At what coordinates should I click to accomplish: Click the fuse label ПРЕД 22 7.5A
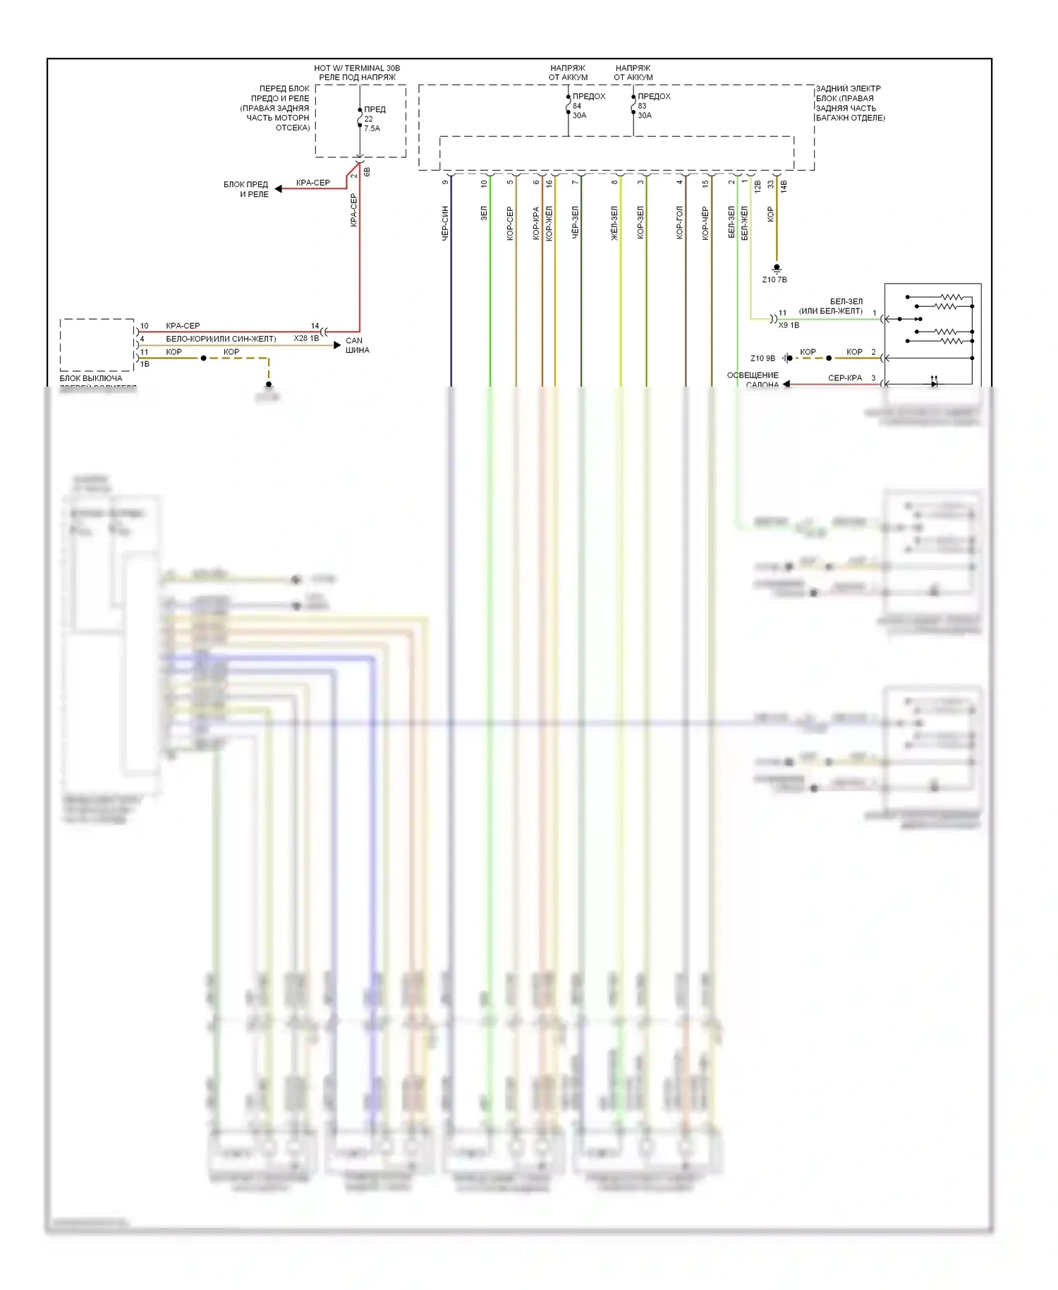click(372, 119)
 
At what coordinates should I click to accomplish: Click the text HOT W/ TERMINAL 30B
click(357, 68)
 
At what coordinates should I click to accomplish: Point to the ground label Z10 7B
click(774, 279)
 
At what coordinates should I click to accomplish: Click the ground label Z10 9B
click(762, 358)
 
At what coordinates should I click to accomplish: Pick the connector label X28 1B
click(306, 339)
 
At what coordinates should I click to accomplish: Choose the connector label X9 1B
click(789, 325)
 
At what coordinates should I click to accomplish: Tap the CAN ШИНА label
click(356, 345)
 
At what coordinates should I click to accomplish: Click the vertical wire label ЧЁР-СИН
click(445, 223)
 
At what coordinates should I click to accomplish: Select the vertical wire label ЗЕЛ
click(484, 213)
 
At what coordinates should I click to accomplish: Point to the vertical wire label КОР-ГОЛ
click(679, 223)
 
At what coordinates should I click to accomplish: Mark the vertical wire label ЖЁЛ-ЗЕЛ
click(614, 223)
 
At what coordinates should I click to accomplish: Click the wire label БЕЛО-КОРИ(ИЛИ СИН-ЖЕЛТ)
click(221, 339)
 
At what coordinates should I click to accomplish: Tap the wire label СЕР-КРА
click(844, 378)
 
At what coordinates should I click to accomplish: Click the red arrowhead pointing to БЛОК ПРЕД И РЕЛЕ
click(279, 188)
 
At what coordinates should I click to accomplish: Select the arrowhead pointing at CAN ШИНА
click(337, 345)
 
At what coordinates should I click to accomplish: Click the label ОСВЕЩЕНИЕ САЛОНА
click(753, 380)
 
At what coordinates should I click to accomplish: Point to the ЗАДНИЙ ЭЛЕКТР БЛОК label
click(849, 103)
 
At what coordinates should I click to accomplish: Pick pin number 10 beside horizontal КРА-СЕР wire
click(144, 326)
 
